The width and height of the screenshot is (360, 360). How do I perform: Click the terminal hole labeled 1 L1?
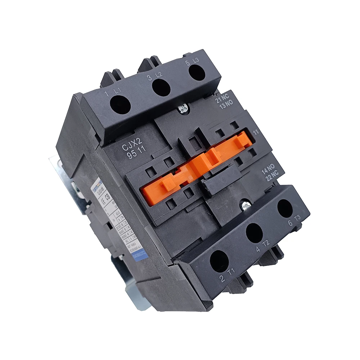(120, 105)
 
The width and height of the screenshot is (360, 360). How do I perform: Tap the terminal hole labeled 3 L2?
(161, 87)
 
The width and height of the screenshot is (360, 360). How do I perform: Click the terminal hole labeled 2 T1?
(219, 261)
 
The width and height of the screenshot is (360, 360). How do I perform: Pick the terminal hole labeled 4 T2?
(255, 233)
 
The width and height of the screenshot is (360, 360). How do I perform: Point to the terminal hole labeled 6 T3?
(285, 208)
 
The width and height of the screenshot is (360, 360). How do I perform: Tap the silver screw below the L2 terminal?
(184, 108)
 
